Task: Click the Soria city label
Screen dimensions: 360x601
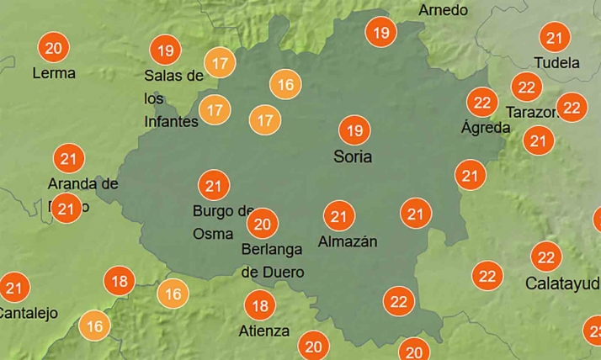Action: [x=352, y=157]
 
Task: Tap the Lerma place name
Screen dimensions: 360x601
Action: [x=53, y=73]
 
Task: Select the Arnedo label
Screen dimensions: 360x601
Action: [x=443, y=10]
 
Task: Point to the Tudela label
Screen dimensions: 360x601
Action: [x=557, y=63]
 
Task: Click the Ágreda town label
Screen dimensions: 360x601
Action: [x=486, y=128]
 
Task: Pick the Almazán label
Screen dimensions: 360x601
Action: [x=348, y=242]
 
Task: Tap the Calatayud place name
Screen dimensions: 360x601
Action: [x=562, y=283]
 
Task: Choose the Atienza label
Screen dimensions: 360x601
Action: [x=263, y=331]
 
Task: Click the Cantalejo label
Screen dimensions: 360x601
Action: [x=28, y=314]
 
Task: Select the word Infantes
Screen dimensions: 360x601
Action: [x=171, y=122]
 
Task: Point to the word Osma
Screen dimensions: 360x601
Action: [x=213, y=234]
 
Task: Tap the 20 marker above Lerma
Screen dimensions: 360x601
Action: [x=54, y=47]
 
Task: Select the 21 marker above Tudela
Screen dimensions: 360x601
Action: [x=555, y=38]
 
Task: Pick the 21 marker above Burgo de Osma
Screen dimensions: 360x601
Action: [x=213, y=185]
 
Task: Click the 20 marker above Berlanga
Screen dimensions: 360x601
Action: [x=263, y=224]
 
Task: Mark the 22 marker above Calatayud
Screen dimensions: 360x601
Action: [x=546, y=257]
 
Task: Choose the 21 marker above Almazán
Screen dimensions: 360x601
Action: [x=338, y=216]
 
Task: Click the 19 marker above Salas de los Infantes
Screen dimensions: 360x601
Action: [x=165, y=50]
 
